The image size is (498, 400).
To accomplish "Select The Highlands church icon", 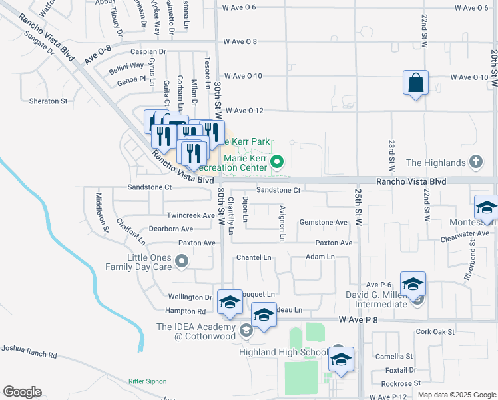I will [475, 162].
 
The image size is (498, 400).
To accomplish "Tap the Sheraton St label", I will [49, 101].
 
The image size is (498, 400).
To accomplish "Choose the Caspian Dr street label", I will [148, 51].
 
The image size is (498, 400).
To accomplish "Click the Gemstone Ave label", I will [324, 222].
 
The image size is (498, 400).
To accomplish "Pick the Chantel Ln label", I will [254, 257].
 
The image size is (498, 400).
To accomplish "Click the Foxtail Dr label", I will [401, 369].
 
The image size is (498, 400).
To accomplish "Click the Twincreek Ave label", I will [190, 215].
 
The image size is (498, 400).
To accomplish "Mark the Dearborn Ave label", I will [171, 229].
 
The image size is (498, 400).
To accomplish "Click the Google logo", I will [22, 391].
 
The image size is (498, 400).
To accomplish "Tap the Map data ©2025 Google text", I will [456, 395].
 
